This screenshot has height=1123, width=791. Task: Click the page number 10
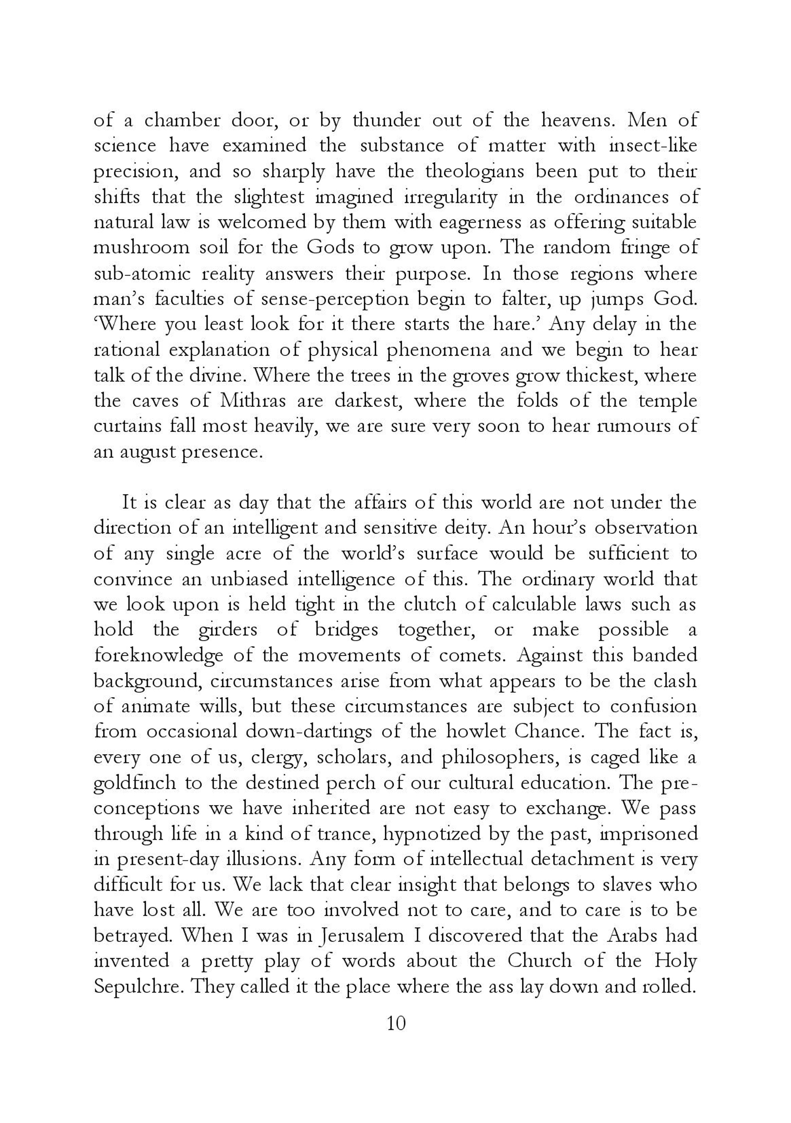point(396,1024)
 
